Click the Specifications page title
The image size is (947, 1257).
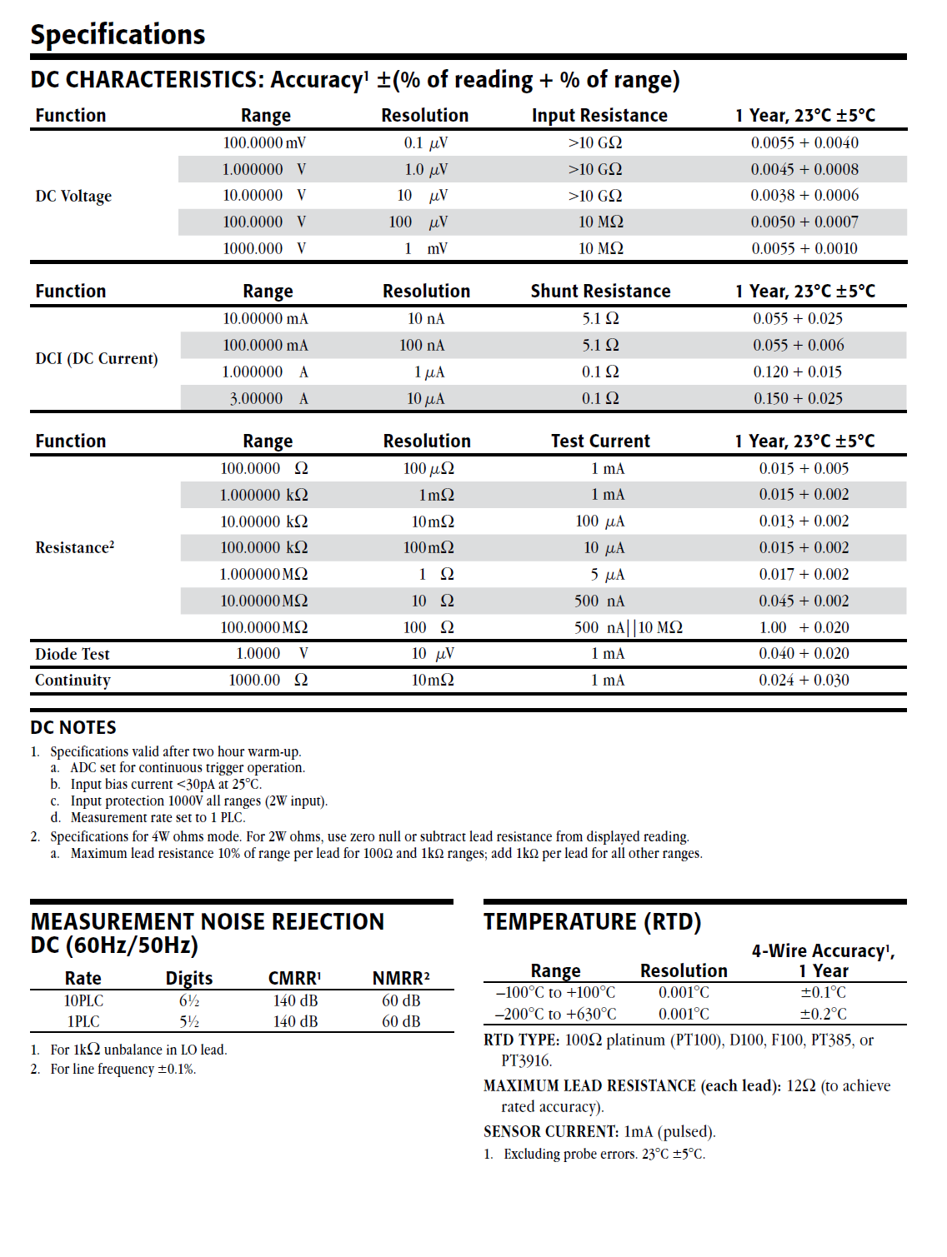(x=118, y=34)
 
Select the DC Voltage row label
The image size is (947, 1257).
(x=73, y=197)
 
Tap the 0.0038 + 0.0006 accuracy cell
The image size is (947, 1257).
(x=804, y=196)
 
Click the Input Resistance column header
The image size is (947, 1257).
(x=599, y=116)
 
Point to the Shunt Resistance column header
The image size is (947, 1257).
(x=600, y=292)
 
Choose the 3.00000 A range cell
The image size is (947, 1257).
(x=268, y=399)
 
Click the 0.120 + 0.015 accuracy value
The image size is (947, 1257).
(x=798, y=372)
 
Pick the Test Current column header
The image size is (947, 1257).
(x=600, y=441)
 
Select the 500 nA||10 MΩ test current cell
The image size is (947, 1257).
(x=628, y=628)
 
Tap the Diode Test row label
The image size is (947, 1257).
(x=73, y=655)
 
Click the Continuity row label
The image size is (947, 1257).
(x=73, y=681)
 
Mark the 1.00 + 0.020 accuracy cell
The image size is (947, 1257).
(x=804, y=628)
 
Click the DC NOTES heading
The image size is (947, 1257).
(x=73, y=728)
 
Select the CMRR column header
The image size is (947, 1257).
(x=294, y=979)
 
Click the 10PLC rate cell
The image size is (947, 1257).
(x=83, y=1001)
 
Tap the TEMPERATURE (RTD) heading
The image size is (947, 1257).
(x=592, y=922)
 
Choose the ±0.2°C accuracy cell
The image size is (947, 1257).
(x=823, y=1015)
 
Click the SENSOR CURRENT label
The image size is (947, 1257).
(x=550, y=1132)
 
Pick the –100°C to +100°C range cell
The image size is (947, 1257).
(x=555, y=993)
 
